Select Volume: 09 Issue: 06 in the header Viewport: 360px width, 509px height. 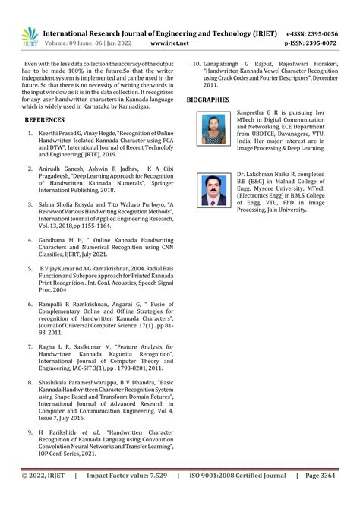coord(89,44)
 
